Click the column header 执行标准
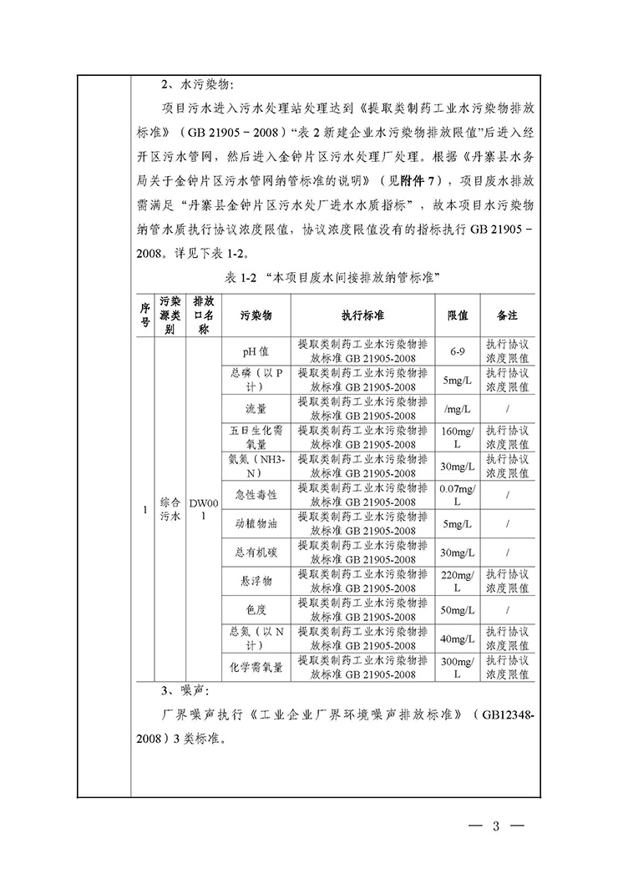tap(362, 316)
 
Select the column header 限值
tap(457, 316)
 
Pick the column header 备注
tap(507, 316)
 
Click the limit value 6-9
tap(457, 352)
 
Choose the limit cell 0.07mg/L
tap(457, 495)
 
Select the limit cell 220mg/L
tap(457, 581)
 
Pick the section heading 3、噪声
tap(187, 692)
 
